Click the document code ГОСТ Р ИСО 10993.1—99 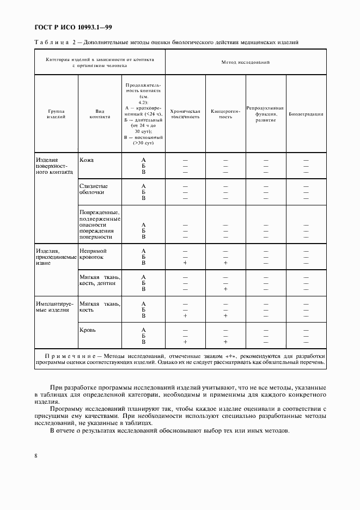tap(73, 28)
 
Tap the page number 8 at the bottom tap(35, 456)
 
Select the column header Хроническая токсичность tap(185, 114)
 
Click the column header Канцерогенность tap(225, 114)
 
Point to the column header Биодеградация tap(306, 114)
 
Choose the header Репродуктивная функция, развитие tap(265, 114)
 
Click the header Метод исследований tap(246, 63)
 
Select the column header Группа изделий tap(56, 114)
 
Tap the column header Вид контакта tap(100, 114)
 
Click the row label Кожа tap(87, 160)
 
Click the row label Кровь tap(88, 330)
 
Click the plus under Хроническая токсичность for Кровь tap(185, 342)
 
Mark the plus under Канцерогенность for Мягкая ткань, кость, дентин tap(225, 289)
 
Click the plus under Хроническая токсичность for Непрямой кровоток tap(185, 263)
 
